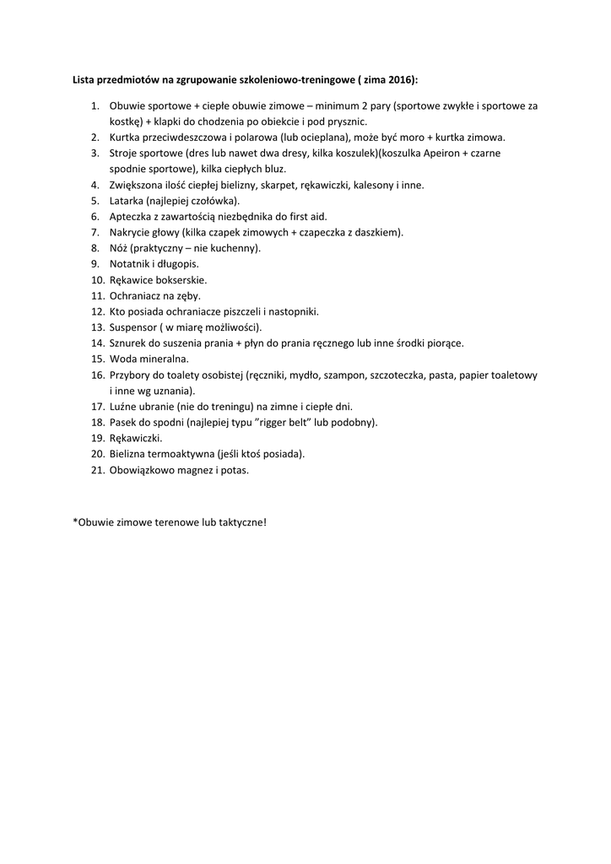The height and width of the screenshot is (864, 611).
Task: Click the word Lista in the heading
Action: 85,79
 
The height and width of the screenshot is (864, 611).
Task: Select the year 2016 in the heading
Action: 397,79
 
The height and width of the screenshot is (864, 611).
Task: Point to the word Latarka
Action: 127,200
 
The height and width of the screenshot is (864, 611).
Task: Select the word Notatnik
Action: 130,263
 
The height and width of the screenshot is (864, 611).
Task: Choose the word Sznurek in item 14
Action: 129,343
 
